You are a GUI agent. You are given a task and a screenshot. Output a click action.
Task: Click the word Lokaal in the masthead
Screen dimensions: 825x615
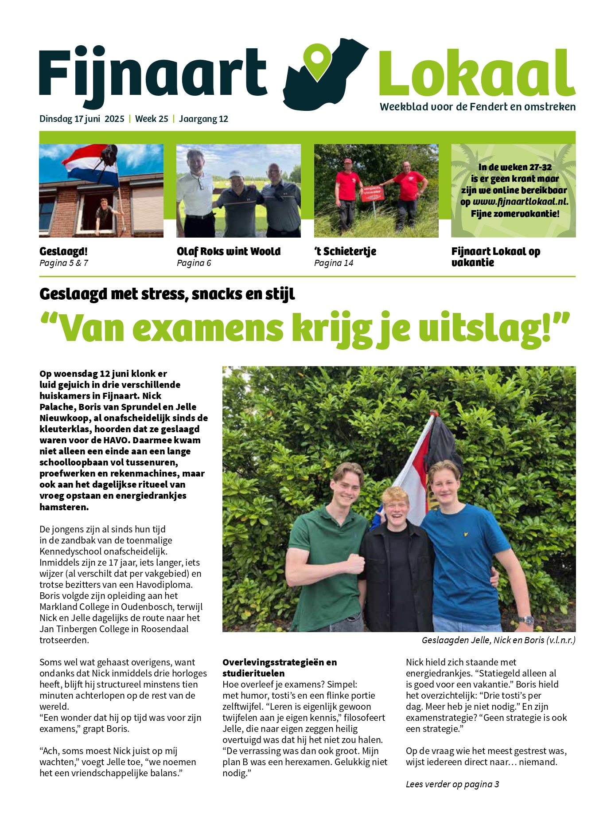477,74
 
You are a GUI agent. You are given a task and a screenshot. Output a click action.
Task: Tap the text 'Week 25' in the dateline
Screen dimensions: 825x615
152,119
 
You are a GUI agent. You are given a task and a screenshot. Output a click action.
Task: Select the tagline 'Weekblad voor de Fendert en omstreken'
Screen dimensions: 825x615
478,107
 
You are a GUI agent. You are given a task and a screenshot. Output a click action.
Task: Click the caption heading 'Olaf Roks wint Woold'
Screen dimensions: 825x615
229,251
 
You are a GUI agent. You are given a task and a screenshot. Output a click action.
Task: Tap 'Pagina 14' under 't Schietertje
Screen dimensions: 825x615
334,263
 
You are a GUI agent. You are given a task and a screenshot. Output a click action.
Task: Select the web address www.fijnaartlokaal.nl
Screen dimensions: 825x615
520,202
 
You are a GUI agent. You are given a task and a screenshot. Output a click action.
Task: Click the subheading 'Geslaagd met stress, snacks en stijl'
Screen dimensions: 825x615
167,294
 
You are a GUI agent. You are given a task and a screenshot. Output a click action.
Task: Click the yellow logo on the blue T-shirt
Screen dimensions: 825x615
465,534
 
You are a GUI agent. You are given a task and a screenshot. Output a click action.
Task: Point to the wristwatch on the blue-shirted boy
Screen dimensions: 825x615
526,619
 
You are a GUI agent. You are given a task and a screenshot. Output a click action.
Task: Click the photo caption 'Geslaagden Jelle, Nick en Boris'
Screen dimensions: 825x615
498,640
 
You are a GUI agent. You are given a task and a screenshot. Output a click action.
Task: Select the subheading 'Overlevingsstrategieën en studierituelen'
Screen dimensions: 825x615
280,668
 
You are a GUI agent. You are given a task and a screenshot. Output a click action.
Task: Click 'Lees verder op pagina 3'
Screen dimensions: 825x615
452,784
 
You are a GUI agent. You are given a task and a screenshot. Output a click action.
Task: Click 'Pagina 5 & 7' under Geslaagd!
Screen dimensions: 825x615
64,263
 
